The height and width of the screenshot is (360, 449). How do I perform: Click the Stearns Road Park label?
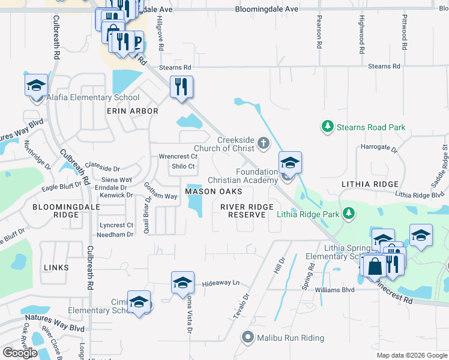coord(371,127)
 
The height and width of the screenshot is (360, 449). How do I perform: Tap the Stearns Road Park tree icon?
coord(327,127)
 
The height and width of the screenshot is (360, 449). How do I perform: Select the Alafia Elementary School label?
coord(94,97)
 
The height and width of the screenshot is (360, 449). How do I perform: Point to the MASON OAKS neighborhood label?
coord(213,191)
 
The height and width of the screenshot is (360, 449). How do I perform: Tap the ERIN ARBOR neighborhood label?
coord(132,111)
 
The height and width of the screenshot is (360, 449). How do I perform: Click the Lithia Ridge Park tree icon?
coord(348,214)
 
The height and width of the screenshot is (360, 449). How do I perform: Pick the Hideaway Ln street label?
coord(220,283)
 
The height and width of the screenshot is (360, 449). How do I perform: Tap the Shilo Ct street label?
coord(183,166)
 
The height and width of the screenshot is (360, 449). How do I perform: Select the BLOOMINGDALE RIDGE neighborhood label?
coord(58,210)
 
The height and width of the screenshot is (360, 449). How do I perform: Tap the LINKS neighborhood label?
coord(56,267)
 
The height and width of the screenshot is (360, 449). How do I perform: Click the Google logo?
coord(20,352)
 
